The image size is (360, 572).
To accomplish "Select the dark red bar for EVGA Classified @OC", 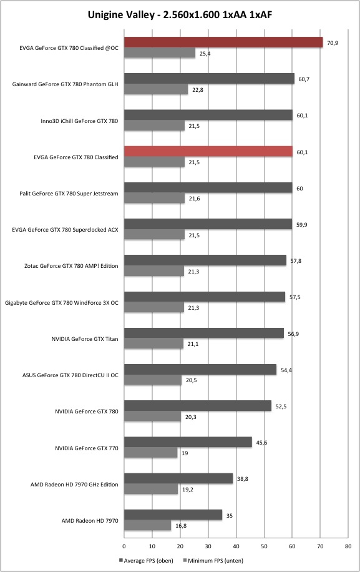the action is click(x=223, y=42).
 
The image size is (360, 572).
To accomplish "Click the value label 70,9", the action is click(x=333, y=43).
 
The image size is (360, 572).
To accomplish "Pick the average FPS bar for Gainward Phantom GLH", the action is click(x=209, y=79).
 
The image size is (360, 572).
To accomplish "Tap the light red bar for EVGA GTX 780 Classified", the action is click(x=208, y=151).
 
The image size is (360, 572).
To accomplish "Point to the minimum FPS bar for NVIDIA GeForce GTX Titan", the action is click(x=153, y=343).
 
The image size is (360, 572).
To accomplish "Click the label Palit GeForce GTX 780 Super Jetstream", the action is click(x=69, y=194).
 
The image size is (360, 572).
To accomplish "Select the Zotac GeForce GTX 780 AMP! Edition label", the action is click(x=71, y=266).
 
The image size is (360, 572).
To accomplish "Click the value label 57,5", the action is click(x=295, y=297).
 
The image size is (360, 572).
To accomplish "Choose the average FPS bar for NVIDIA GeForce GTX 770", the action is click(x=188, y=442).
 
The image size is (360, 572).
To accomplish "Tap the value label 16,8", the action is click(x=181, y=526).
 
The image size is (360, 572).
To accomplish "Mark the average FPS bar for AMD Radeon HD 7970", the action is click(x=173, y=515).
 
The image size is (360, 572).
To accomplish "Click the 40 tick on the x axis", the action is click(x=236, y=546).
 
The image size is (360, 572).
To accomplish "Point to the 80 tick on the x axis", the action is click(x=348, y=546).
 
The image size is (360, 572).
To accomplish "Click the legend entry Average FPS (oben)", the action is click(x=146, y=560).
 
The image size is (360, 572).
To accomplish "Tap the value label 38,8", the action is click(x=243, y=479).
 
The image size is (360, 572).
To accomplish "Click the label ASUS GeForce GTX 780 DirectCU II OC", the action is click(x=71, y=375).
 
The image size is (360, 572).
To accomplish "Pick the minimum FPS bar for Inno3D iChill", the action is click(x=155, y=126).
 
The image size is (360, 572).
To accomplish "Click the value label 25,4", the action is click(x=205, y=54).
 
